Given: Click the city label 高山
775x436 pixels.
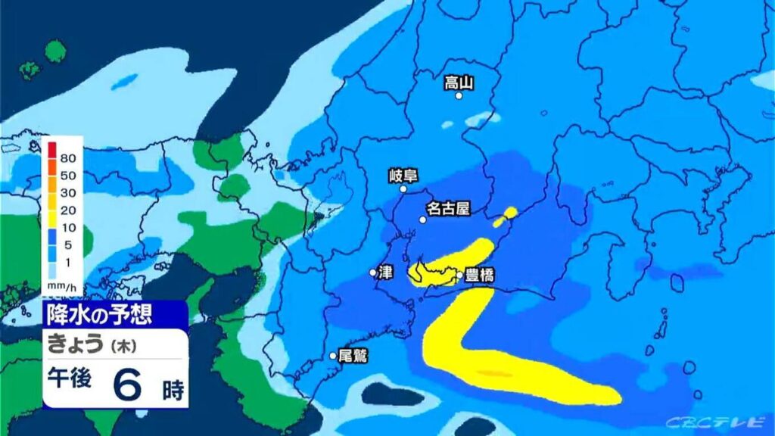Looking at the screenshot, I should (x=459, y=83).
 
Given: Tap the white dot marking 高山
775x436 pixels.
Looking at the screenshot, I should (x=459, y=96).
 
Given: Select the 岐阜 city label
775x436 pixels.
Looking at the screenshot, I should (x=403, y=176).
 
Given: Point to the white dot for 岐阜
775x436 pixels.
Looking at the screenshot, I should (x=403, y=189).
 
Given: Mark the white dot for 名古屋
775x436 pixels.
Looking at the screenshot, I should (x=423, y=220).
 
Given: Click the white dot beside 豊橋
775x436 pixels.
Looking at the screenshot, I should (x=459, y=275).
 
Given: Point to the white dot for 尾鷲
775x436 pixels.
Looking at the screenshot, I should (x=332, y=355).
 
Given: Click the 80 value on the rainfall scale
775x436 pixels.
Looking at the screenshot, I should (x=68, y=158).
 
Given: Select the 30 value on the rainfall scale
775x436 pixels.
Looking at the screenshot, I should (x=68, y=192).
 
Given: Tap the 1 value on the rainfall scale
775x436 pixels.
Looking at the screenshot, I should (x=68, y=262).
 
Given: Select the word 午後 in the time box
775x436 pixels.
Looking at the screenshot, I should (x=70, y=378).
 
